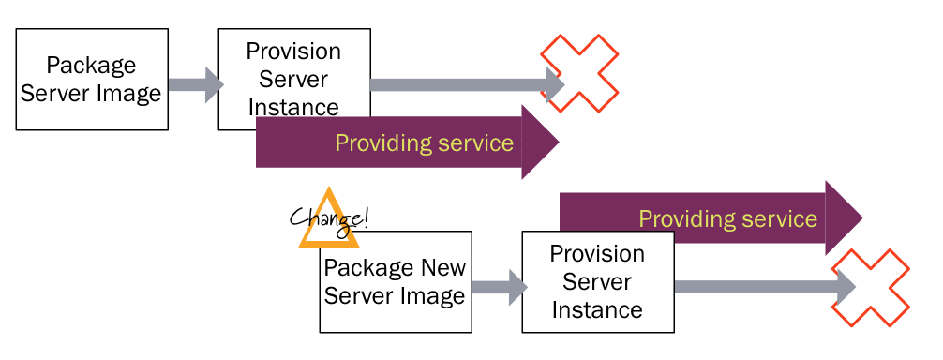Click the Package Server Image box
(x=92, y=80)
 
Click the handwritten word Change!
(x=329, y=218)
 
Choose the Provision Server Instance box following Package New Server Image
(x=597, y=281)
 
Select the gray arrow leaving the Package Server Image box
(x=194, y=84)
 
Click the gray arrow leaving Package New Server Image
(x=498, y=287)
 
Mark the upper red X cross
(x=580, y=73)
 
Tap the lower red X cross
(x=871, y=287)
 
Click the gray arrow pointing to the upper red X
(x=459, y=85)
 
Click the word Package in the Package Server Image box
(x=91, y=67)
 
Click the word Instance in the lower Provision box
(x=597, y=309)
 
